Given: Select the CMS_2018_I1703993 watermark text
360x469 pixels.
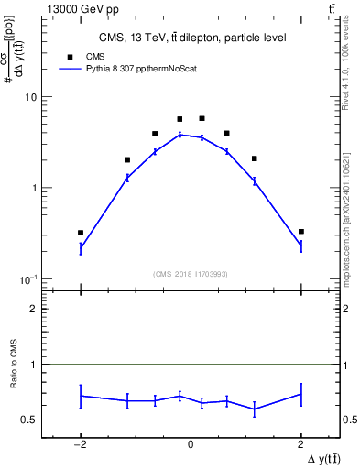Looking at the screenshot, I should coord(191,273).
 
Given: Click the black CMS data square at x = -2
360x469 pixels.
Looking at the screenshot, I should coord(81,233).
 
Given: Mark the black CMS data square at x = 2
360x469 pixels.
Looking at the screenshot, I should coord(300,232).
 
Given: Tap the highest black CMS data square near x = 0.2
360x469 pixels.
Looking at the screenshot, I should coord(202,118).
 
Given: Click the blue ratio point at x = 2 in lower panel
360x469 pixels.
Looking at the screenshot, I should coord(300,394).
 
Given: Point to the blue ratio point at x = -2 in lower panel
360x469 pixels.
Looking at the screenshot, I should coord(81,396).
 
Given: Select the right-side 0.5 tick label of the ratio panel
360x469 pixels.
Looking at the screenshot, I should coord(350,420).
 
